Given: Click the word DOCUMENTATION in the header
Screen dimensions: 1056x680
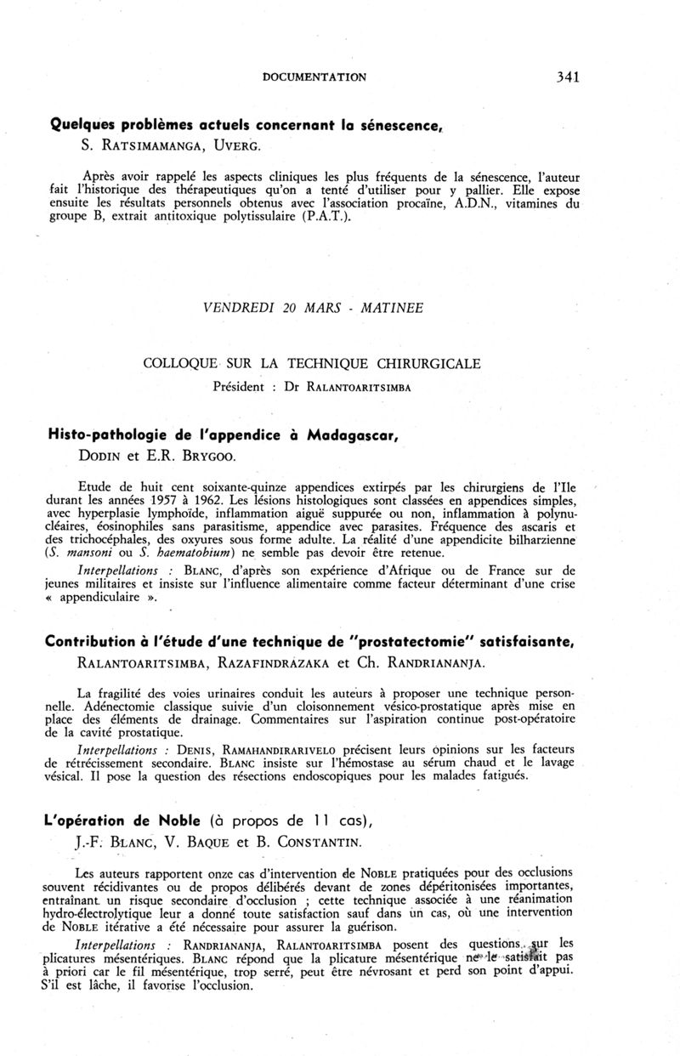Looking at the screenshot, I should pos(314,77).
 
